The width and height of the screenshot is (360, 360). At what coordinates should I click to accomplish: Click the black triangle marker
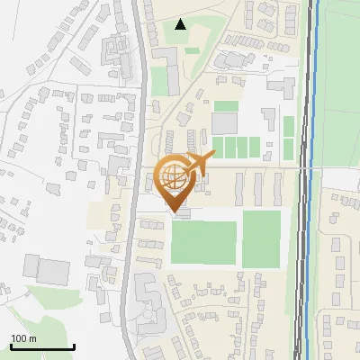point(181,24)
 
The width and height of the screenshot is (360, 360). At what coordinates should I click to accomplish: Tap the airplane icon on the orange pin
point(201,164)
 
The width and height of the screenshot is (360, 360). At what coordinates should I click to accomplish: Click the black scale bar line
point(42,347)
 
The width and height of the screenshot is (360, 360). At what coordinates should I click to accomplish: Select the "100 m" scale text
point(23,338)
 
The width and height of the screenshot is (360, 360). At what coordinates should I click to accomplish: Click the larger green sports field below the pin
point(204,243)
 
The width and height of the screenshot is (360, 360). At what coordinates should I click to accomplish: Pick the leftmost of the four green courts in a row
point(217,146)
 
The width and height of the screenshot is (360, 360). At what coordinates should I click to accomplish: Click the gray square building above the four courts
point(225,123)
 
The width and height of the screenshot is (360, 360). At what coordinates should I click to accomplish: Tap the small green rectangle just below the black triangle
point(192,49)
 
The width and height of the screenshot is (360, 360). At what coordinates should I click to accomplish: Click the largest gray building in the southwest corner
point(54,270)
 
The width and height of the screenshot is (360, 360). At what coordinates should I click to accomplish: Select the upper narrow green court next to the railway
point(289,126)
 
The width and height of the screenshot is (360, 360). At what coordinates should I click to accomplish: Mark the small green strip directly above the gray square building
point(227,106)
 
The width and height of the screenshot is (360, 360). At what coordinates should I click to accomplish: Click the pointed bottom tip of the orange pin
point(174,212)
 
